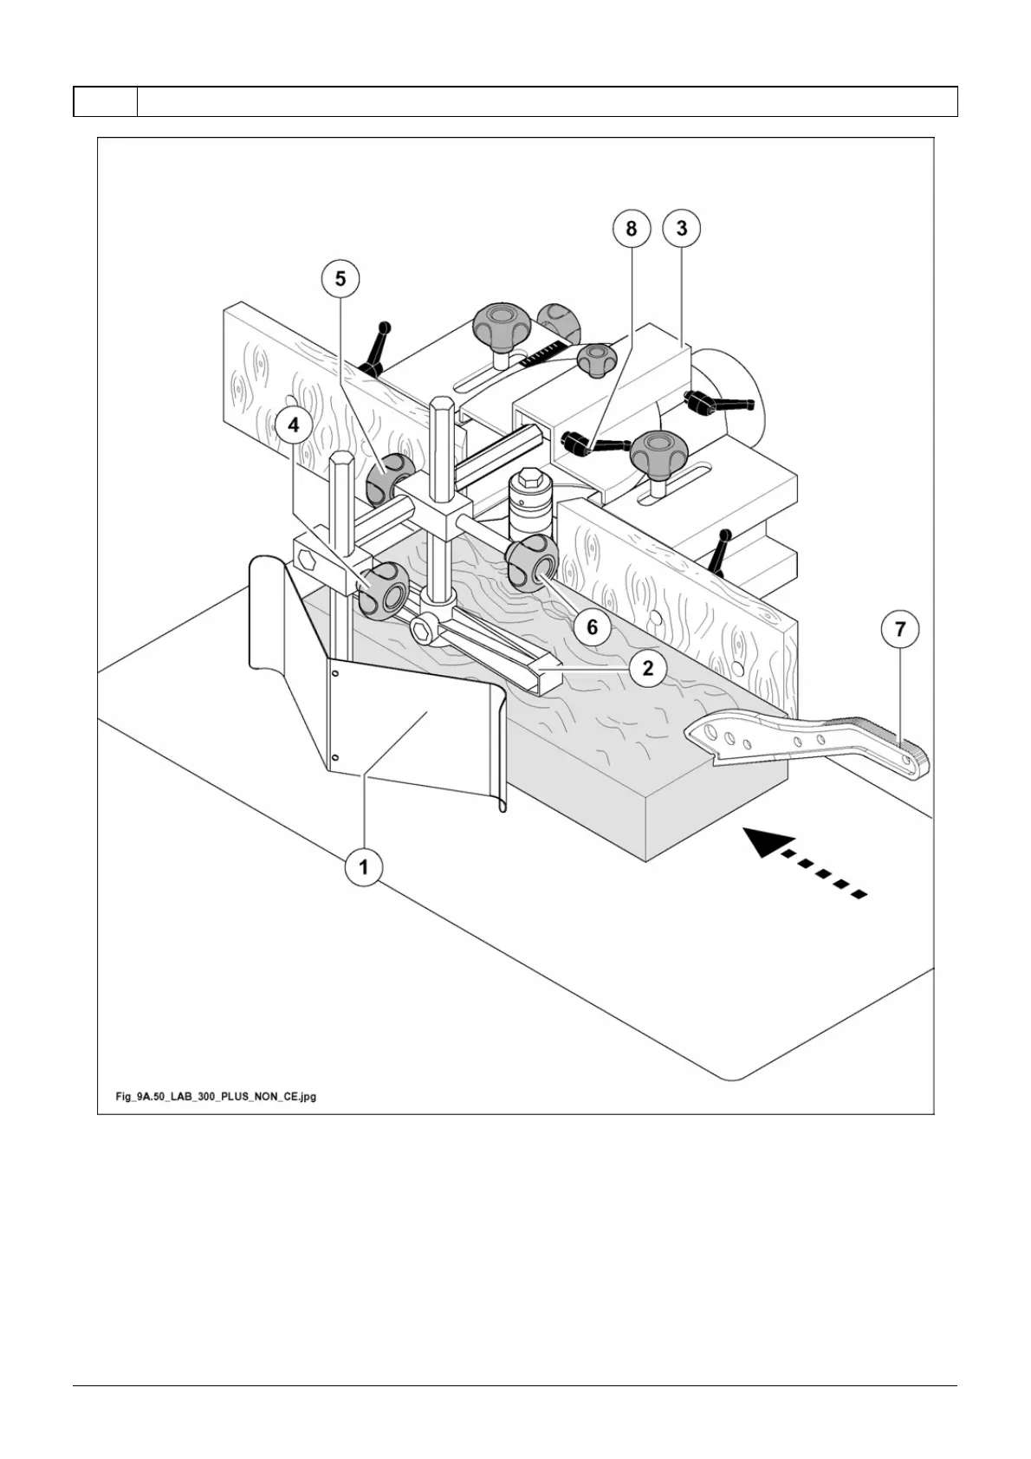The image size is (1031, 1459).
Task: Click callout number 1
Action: pyautogui.click(x=364, y=866)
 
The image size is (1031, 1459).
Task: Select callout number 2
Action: pyautogui.click(x=647, y=667)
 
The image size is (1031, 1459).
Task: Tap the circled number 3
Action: pyautogui.click(x=682, y=228)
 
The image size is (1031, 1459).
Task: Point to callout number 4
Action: pyautogui.click(x=295, y=425)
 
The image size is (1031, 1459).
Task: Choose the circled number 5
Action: pyautogui.click(x=340, y=278)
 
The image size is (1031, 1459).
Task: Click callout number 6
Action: pyautogui.click(x=593, y=626)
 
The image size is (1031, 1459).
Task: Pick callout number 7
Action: pyautogui.click(x=900, y=629)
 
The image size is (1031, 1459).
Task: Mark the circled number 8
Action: pyautogui.click(x=631, y=228)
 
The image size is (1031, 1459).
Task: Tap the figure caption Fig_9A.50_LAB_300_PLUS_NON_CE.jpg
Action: pyautogui.click(x=216, y=1096)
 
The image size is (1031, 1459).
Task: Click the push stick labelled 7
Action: pyautogui.click(x=806, y=736)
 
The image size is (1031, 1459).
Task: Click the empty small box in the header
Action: pyautogui.click(x=105, y=101)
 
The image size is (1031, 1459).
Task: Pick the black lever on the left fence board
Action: pyautogui.click(x=379, y=347)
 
